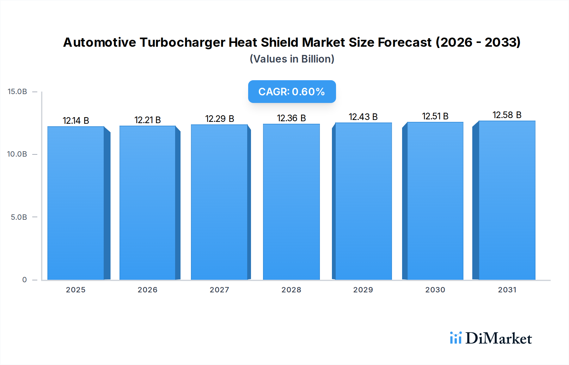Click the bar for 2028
pos(291,202)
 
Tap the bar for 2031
pos(507,200)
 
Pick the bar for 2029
pos(363,201)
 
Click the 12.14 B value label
pos(76,121)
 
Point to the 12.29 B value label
pos(219,119)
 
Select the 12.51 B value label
pos(435,116)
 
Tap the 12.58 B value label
pos(507,115)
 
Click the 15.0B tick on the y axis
pos(17,92)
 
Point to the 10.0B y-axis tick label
pos(17,154)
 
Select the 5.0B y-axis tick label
pos(19,217)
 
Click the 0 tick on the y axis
pos(24,279)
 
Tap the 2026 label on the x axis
pos(147,290)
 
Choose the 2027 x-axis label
pos(219,290)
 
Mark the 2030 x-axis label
pos(435,290)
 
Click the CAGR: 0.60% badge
pos(292,92)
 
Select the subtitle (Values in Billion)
pos(292,59)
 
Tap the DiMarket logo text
pos(499,338)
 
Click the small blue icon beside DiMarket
pos(456,338)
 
